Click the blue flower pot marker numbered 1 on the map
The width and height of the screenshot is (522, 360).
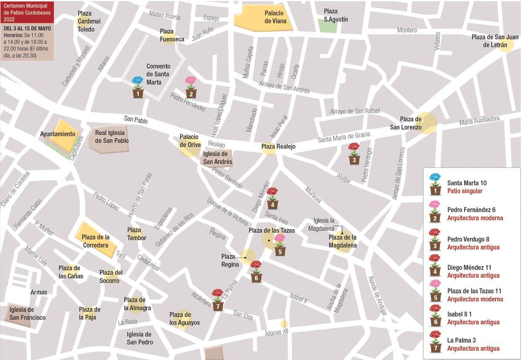pyautogui.click(x=138, y=87)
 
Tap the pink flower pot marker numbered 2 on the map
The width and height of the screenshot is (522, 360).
pyautogui.click(x=191, y=87)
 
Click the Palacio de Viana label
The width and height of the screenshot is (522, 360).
pyautogui.click(x=274, y=17)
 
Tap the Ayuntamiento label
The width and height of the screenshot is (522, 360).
pyautogui.click(x=58, y=134)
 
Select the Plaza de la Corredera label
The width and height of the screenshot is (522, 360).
pyautogui.click(x=96, y=241)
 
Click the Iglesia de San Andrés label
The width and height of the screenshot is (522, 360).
pyautogui.click(x=217, y=158)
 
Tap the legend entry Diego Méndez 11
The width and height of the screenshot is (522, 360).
pyautogui.click(x=469, y=267)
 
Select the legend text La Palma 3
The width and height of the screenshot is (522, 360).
pyautogui.click(x=461, y=340)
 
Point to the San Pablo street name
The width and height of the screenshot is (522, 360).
pyautogui.click(x=135, y=120)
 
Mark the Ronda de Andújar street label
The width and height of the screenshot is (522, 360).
pyautogui.click(x=377, y=296)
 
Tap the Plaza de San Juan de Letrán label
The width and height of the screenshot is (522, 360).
pyautogui.click(x=495, y=41)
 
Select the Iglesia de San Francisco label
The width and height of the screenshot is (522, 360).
pyautogui.click(x=27, y=313)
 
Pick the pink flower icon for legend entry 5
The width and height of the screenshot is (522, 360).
pyautogui.click(x=435, y=291)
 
